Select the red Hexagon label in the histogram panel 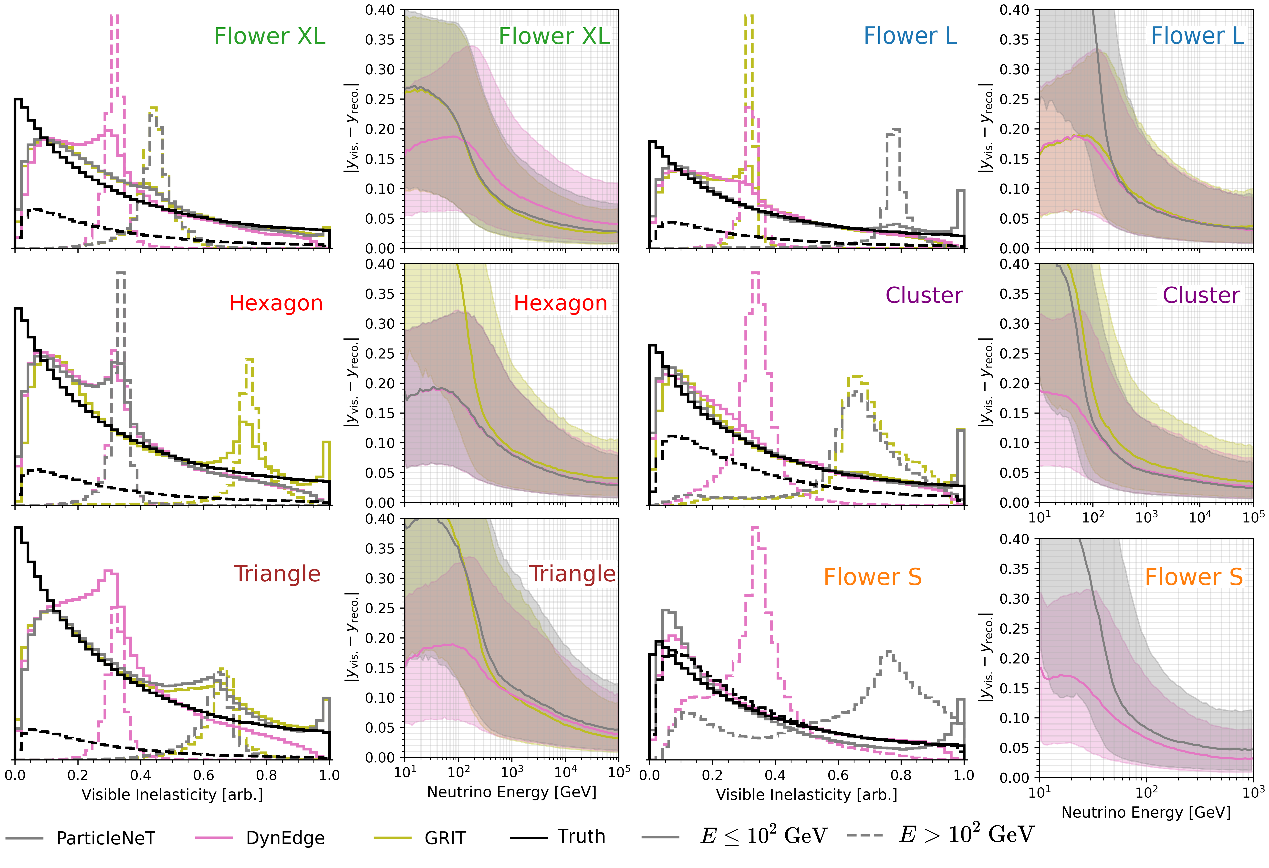(x=276, y=303)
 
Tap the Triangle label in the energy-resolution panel (x=572, y=574)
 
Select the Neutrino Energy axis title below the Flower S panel (x=1146, y=812)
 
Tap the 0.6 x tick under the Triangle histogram (x=204, y=775)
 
